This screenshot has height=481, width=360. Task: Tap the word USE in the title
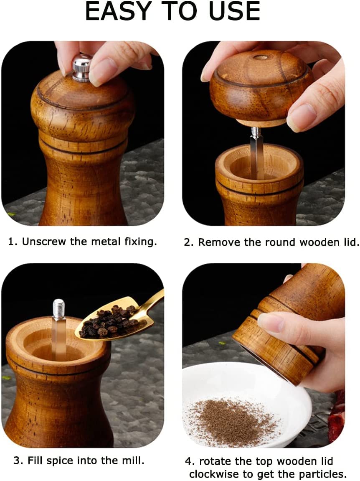pyautogui.click(x=235, y=12)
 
